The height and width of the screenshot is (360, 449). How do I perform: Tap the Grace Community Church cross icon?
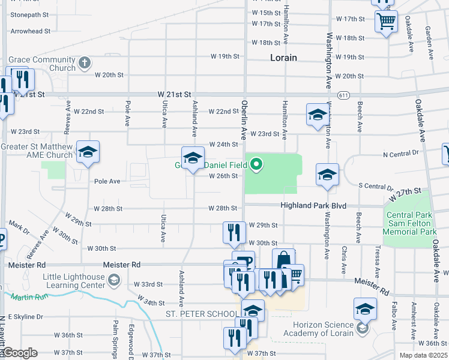85,62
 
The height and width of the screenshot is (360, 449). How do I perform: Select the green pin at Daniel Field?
257,163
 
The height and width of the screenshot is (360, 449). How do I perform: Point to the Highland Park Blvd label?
314,206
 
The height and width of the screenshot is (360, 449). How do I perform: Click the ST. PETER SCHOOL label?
200,314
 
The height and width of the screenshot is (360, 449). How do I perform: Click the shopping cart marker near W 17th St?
386,22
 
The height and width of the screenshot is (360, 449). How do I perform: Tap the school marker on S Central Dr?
327,175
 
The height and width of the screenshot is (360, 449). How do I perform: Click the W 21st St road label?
174,95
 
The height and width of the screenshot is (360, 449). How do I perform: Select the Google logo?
19,353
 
